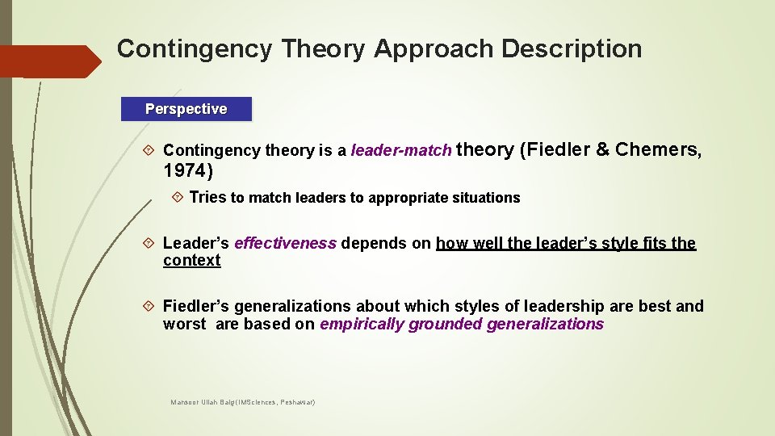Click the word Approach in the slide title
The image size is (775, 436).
point(434,49)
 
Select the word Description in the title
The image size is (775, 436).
point(572,49)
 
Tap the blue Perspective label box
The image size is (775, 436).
point(186,109)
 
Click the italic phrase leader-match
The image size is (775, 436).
point(401,151)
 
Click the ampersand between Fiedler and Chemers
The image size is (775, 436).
point(601,150)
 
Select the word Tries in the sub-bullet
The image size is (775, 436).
point(207,198)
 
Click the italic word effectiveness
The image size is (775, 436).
point(285,244)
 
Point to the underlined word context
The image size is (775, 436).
point(191,261)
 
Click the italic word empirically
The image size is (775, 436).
point(362,325)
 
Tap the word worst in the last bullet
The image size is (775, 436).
point(184,325)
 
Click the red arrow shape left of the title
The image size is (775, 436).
point(48,61)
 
